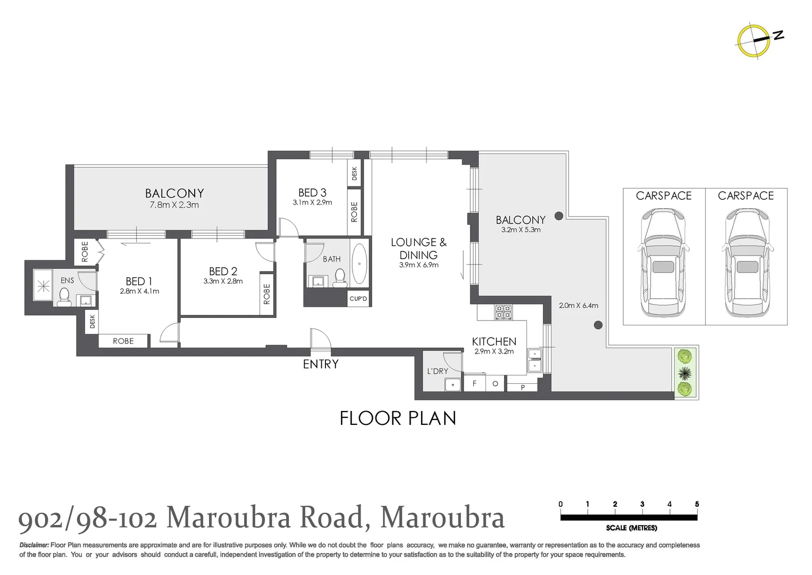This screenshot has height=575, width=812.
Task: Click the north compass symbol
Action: pyautogui.click(x=754, y=40)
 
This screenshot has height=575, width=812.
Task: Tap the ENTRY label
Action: pyautogui.click(x=321, y=364)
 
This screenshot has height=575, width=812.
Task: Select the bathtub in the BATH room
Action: pyautogui.click(x=359, y=264)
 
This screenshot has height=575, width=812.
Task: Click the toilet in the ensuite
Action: pyautogui.click(x=64, y=296)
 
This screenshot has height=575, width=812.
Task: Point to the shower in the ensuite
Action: pyautogui.click(x=43, y=286)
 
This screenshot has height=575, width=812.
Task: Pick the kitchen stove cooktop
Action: pyautogui.click(x=503, y=312)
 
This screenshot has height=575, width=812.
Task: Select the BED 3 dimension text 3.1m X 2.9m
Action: pyautogui.click(x=312, y=203)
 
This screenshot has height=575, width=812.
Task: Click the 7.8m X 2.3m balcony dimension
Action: pyautogui.click(x=174, y=205)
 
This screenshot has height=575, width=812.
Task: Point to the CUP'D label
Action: pyautogui.click(x=358, y=299)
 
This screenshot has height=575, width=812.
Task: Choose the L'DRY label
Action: pyautogui.click(x=438, y=371)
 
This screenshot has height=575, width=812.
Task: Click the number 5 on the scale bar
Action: pyautogui.click(x=697, y=504)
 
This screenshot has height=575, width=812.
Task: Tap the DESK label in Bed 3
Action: pyautogui.click(x=355, y=173)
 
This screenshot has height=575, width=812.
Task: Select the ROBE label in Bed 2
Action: pyautogui.click(x=267, y=294)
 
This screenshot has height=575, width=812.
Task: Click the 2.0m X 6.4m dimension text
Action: pyautogui.click(x=579, y=306)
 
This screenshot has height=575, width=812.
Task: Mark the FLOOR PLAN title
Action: pyautogui.click(x=398, y=418)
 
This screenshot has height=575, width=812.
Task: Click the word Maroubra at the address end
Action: pyautogui.click(x=442, y=517)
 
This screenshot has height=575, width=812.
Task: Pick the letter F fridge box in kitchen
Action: pyautogui.click(x=474, y=383)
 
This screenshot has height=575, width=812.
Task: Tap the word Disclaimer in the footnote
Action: pyautogui.click(x=34, y=545)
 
